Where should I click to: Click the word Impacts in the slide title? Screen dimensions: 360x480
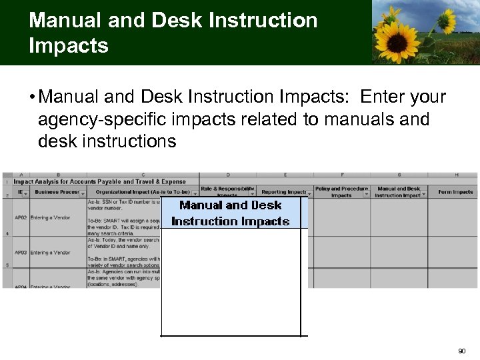click(x=69, y=46)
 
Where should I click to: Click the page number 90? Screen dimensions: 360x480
click(x=462, y=351)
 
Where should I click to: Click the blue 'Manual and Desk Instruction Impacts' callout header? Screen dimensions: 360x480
click(x=231, y=213)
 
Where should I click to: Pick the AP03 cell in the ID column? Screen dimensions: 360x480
click(x=21, y=253)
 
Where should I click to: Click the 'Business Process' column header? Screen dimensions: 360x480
click(x=57, y=192)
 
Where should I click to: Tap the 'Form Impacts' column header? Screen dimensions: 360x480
click(x=455, y=192)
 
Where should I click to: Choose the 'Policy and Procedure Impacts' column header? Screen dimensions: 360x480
click(x=341, y=192)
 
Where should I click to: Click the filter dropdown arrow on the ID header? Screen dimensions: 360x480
click(x=26, y=193)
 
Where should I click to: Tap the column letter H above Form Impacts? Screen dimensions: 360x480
click(x=456, y=175)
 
